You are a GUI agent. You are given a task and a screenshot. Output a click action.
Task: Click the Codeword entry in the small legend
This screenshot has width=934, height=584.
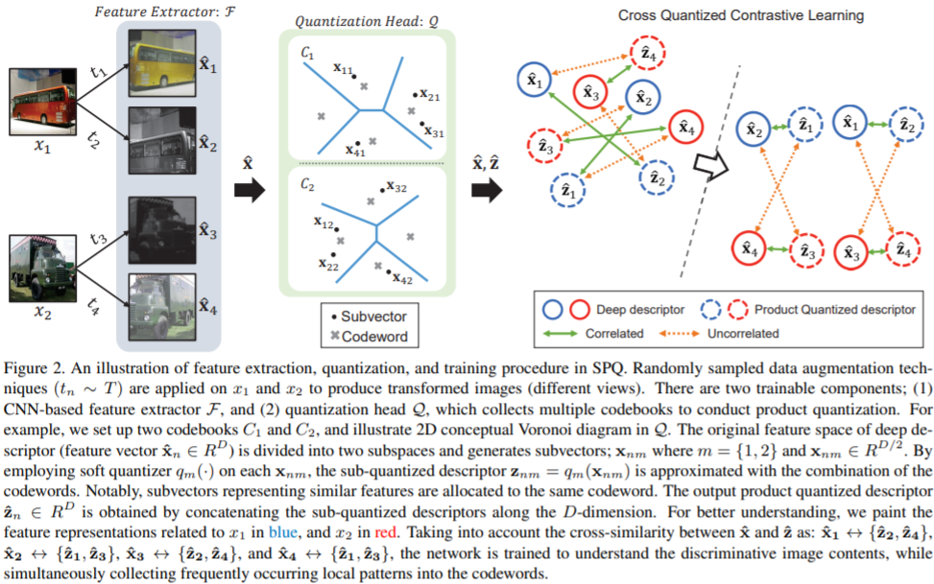(373, 337)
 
